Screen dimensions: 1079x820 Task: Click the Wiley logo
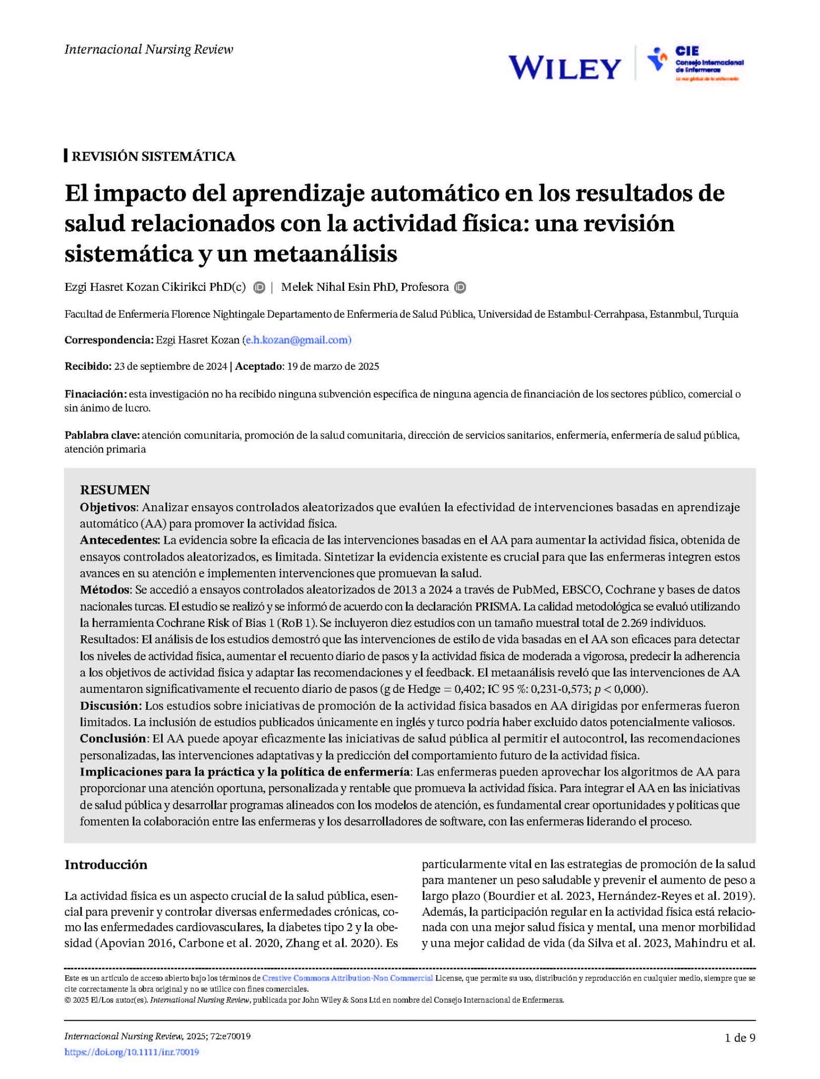click(564, 68)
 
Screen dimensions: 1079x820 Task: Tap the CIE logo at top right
click(695, 63)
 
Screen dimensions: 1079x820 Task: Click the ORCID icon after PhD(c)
click(259, 287)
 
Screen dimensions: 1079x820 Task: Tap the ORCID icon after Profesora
click(460, 287)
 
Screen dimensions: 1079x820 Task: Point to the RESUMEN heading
click(115, 490)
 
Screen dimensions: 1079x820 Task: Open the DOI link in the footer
click(132, 1052)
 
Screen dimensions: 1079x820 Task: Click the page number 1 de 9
click(740, 1038)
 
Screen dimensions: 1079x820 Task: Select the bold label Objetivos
click(108, 507)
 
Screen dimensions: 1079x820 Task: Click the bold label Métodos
click(104, 590)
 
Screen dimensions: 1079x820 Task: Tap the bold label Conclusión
click(113, 738)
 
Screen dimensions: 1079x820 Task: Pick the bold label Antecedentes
click(119, 540)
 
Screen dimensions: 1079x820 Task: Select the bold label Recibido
click(87, 366)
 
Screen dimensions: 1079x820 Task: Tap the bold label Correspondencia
click(108, 340)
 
